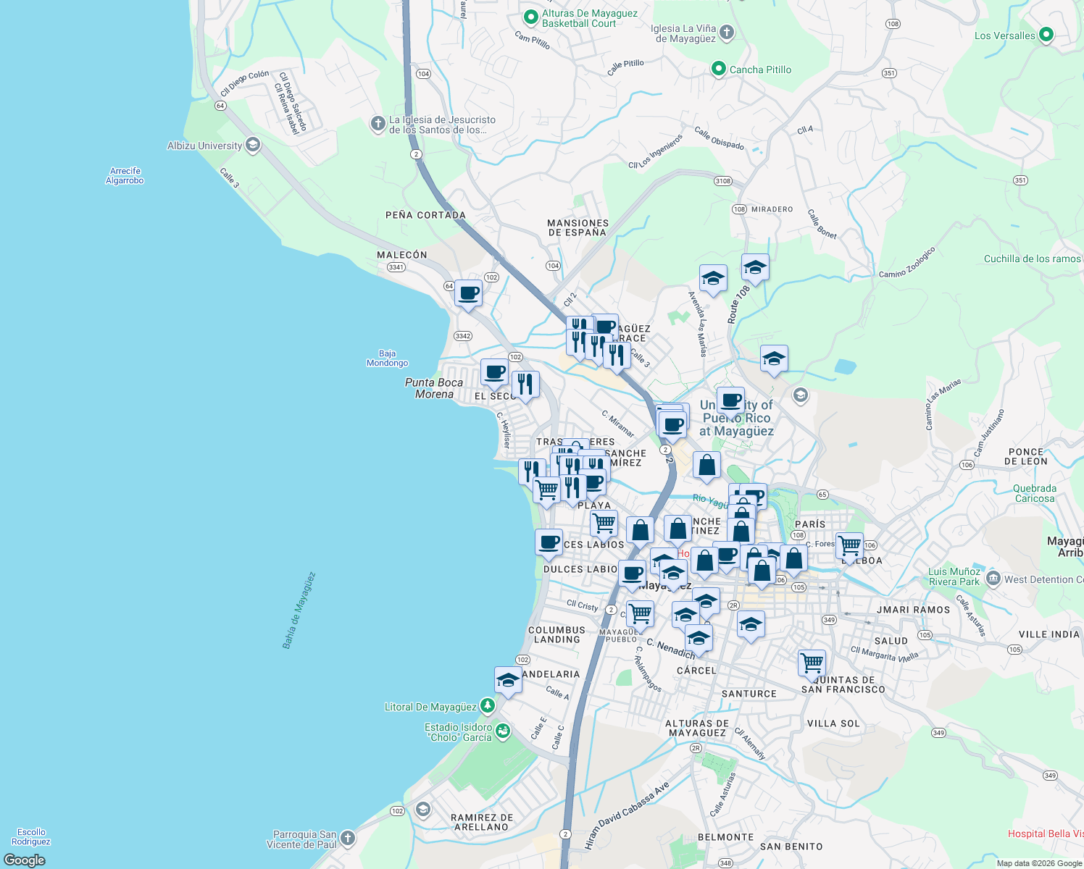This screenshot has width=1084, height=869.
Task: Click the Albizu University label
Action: [204, 146]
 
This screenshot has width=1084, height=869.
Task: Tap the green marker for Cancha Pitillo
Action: [718, 69]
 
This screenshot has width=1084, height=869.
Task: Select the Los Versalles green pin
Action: [1046, 35]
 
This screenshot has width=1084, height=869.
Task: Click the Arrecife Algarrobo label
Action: [125, 176]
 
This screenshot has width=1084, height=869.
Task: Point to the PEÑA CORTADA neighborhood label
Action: [425, 215]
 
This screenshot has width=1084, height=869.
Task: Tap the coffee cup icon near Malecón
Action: [468, 293]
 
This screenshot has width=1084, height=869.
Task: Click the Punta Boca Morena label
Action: [434, 388]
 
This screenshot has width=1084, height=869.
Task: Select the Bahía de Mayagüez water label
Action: [299, 610]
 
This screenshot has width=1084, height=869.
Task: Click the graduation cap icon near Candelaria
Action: [508, 681]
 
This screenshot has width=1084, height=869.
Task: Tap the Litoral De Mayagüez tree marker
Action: [488, 705]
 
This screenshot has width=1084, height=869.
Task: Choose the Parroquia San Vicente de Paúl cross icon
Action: [348, 838]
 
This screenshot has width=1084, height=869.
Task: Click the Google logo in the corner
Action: [25, 860]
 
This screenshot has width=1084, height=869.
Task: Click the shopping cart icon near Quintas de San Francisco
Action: [812, 662]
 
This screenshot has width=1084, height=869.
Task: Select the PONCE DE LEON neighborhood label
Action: [1025, 456]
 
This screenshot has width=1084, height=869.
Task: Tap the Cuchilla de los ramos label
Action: [1032, 259]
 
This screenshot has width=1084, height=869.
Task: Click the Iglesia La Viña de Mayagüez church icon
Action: [727, 33]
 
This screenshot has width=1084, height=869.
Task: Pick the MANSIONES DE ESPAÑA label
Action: [578, 228]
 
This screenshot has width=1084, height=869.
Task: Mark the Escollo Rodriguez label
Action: [31, 836]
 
